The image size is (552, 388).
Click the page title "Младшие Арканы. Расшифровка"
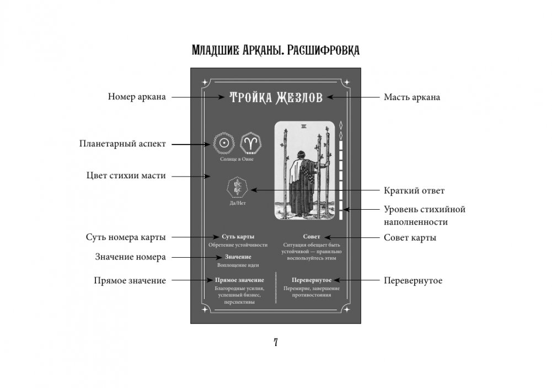click(275, 51)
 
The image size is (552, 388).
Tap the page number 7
click(276, 342)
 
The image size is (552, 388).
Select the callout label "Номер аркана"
click(137, 97)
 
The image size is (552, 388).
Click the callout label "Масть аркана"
click(411, 97)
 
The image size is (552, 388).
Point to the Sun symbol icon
click(223, 143)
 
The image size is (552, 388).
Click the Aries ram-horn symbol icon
click(251, 143)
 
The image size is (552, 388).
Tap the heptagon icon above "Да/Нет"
click(238, 188)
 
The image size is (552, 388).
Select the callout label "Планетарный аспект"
click(123, 145)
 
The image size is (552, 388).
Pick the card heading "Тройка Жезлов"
click(276, 98)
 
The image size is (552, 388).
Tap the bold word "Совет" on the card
click(312, 236)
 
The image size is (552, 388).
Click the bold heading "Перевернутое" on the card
click(312, 279)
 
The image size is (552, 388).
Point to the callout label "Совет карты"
click(410, 238)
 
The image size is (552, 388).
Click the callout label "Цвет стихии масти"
click(126, 176)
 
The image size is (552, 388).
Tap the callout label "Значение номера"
click(131, 257)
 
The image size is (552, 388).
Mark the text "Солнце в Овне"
click(238, 159)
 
